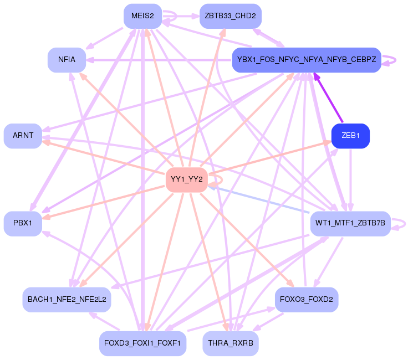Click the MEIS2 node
[x=142, y=16]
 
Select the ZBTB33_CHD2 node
[x=230, y=16]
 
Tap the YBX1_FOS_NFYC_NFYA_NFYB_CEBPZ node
[x=306, y=59]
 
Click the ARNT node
[x=23, y=136]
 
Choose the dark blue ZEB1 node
[x=350, y=136]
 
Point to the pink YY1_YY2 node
[x=187, y=179]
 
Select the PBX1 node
[x=23, y=223]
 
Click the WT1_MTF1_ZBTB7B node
[x=350, y=223]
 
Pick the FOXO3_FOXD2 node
[x=306, y=300]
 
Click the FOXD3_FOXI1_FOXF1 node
[x=142, y=343]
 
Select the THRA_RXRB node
[x=230, y=343]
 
